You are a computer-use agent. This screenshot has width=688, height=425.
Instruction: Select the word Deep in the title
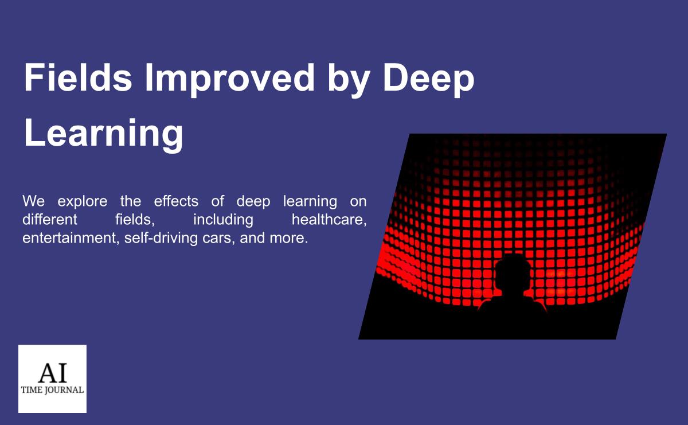pyautogui.click(x=429, y=79)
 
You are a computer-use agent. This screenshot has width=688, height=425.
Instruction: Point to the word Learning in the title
pyautogui.click(x=104, y=135)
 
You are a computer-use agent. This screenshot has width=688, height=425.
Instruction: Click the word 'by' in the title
pyautogui.click(x=349, y=79)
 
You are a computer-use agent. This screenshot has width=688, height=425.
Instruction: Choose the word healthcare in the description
pyautogui.click(x=329, y=220)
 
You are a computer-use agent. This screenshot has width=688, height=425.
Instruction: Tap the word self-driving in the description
pyautogui.click(x=161, y=238)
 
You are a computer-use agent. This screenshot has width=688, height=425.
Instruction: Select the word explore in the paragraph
pyautogui.click(x=83, y=201)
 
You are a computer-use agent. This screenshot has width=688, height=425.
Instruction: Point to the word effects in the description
pyautogui.click(x=176, y=201)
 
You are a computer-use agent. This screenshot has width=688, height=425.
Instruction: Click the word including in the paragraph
pyautogui.click(x=223, y=220)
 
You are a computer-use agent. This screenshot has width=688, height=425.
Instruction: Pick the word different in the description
pyautogui.click(x=50, y=220)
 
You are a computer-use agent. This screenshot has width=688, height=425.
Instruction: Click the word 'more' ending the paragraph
pyautogui.click(x=288, y=239)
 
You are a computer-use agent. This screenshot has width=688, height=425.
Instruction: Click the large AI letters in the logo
pyautogui.click(x=53, y=372)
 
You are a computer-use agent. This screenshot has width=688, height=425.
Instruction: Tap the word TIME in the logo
pyautogui.click(x=32, y=390)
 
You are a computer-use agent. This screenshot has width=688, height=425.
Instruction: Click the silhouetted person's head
pyautogui.click(x=513, y=272)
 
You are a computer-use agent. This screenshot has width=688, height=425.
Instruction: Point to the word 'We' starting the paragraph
pyautogui.click(x=33, y=201)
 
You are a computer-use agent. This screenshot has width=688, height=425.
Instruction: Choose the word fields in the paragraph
pyautogui.click(x=135, y=220)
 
